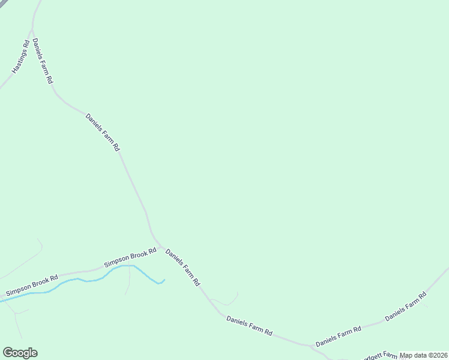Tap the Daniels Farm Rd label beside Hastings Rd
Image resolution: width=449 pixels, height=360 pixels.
click(43, 61)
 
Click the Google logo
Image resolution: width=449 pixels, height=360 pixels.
click(20, 353)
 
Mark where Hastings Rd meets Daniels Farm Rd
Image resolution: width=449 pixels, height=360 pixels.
click(32, 28)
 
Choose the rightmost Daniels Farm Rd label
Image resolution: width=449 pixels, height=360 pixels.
click(406, 306)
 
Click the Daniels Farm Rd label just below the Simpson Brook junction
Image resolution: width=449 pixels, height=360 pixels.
click(182, 268)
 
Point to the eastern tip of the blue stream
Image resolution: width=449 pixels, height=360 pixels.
click(164, 280)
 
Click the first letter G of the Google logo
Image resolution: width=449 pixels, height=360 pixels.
click(8, 352)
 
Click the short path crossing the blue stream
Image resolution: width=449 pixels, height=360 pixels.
click(128, 279)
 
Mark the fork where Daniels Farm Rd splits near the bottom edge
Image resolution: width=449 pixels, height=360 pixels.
click(313, 346)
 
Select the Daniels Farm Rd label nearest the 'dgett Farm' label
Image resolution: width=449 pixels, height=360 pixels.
click(339, 337)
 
